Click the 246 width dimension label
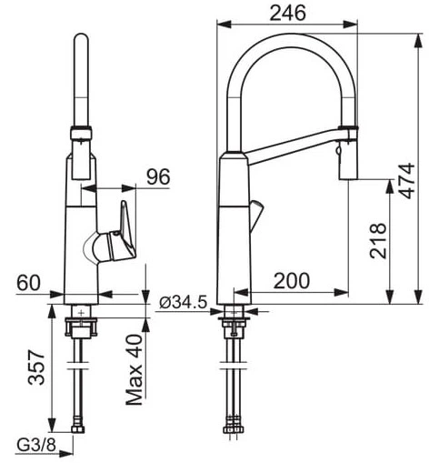tap(287, 14)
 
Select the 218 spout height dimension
tap(378, 241)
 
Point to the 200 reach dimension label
tap(292, 281)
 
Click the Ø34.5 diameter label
tap(184, 302)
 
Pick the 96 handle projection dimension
tap(158, 176)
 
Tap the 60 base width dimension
tap(28, 283)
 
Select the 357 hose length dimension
tap(36, 367)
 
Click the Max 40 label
tap(134, 369)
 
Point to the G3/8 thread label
tap(36, 445)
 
